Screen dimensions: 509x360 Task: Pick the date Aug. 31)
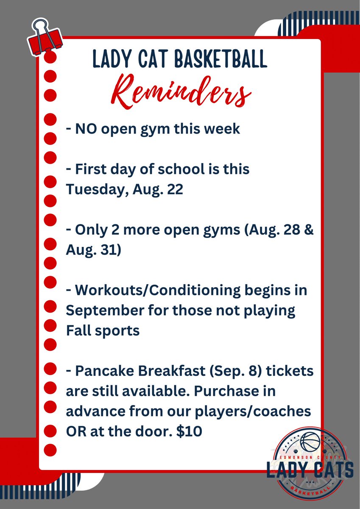click(x=93, y=250)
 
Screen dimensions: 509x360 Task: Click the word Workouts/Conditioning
click(x=157, y=291)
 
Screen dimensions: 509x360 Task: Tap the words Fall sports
click(x=103, y=330)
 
